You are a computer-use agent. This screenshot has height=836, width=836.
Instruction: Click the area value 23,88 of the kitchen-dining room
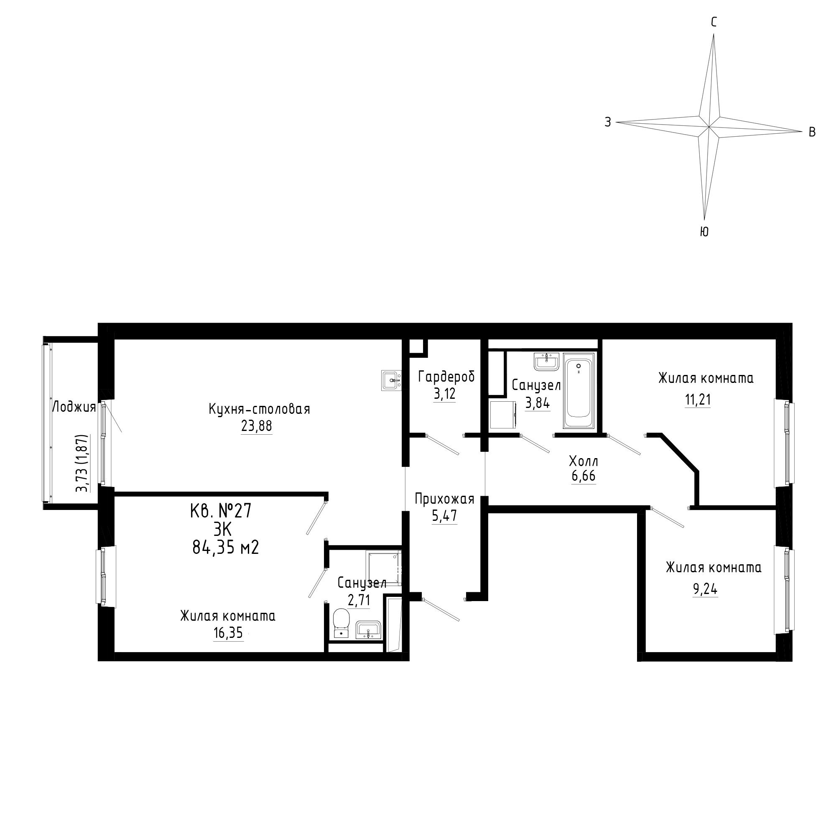257,426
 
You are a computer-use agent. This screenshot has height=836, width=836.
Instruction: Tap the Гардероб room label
446,377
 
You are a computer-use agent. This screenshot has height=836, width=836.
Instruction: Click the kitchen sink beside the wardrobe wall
392,380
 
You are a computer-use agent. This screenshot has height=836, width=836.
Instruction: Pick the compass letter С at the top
714,23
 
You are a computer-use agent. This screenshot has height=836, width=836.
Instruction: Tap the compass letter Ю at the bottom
704,232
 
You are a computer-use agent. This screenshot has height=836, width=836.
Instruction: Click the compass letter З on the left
608,122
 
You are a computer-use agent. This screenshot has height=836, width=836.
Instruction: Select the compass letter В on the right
812,132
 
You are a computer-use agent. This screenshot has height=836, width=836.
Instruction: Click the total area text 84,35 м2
225,548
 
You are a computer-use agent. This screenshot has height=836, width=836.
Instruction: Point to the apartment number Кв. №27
221,512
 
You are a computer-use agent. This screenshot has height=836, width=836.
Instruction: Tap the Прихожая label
444,499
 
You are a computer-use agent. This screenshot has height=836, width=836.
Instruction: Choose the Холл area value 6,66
583,476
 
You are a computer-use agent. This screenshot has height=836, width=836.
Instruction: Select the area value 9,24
705,589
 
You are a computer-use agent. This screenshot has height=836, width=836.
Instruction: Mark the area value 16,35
228,634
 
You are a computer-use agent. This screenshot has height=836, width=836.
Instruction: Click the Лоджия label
74,407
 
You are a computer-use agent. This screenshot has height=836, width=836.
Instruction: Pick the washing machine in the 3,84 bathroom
504,414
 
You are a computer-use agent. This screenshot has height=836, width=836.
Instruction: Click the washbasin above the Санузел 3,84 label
548,361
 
